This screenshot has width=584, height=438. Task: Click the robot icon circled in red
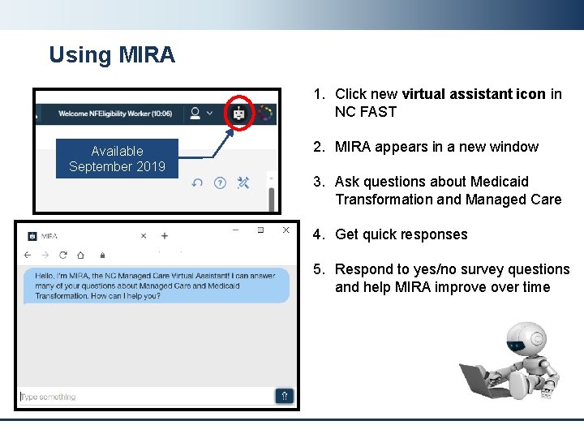238,114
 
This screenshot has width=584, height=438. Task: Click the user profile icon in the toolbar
195,114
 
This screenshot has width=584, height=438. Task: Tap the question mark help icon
220,183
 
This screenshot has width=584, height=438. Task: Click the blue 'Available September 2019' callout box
117,159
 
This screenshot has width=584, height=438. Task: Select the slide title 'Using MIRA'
111,55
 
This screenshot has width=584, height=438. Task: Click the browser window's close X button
286,230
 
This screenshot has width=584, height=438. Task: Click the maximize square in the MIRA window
260,230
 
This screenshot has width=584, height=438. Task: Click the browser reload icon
63,255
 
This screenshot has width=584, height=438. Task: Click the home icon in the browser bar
81,255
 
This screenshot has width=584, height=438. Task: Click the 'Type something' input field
146,397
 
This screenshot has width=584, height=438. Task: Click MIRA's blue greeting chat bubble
156,286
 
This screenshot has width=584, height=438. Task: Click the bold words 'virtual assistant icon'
473,94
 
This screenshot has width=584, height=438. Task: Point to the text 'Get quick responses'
401,234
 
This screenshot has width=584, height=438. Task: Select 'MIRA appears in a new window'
436,147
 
